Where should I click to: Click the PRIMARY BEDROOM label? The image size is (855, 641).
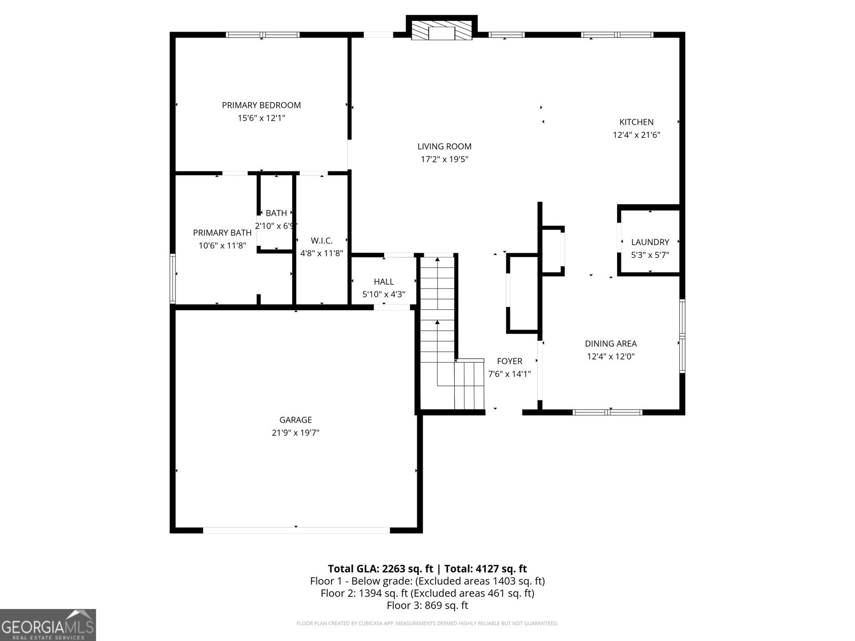[x=261, y=105]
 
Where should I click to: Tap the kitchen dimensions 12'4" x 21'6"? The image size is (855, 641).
[x=636, y=135]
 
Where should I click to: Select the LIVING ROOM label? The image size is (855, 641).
[x=444, y=146]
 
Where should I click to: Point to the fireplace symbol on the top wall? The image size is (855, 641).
[x=441, y=30]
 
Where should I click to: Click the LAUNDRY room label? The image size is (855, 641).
[x=650, y=242]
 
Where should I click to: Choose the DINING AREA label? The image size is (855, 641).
[x=610, y=344]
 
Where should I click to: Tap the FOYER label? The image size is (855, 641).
[x=509, y=361]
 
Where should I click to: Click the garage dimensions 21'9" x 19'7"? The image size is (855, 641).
[x=295, y=433]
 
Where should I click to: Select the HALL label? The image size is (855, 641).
[x=384, y=282]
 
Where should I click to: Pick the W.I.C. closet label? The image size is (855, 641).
[x=322, y=241]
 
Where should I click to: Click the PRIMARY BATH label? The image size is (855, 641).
[x=222, y=233]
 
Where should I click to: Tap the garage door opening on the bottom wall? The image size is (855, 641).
[x=296, y=530]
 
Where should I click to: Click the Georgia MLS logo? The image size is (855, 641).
[x=48, y=624]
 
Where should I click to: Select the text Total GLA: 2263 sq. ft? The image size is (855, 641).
[x=380, y=569]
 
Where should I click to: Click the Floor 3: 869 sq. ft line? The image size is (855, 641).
[x=427, y=605]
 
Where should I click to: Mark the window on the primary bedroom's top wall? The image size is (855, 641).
[x=262, y=35]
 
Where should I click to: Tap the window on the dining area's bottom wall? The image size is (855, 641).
[x=607, y=412]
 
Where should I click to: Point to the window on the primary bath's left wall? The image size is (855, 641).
[x=173, y=278]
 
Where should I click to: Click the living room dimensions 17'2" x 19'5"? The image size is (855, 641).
[x=444, y=159]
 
